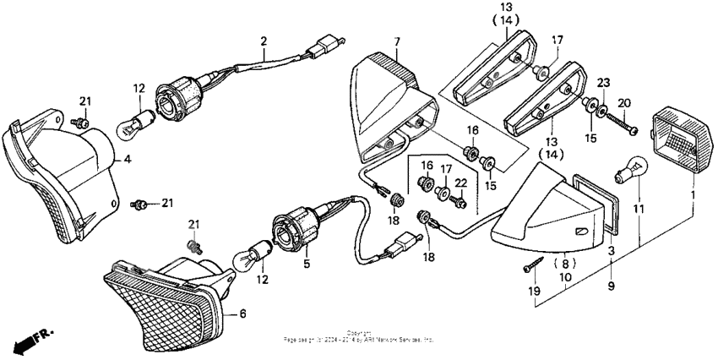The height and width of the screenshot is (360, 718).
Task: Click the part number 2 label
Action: (x=264, y=41)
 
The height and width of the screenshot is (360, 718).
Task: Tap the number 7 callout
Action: (x=397, y=41)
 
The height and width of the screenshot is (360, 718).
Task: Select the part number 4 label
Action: (x=128, y=158)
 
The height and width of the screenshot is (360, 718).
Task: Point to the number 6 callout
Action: (x=242, y=314)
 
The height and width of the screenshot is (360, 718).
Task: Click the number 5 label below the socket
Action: (x=307, y=263)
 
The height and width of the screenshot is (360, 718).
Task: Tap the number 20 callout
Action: (x=624, y=103)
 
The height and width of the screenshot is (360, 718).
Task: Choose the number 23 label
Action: (x=603, y=83)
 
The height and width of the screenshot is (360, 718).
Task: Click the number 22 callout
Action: (x=460, y=183)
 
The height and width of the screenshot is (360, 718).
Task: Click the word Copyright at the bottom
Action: (x=358, y=332)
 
